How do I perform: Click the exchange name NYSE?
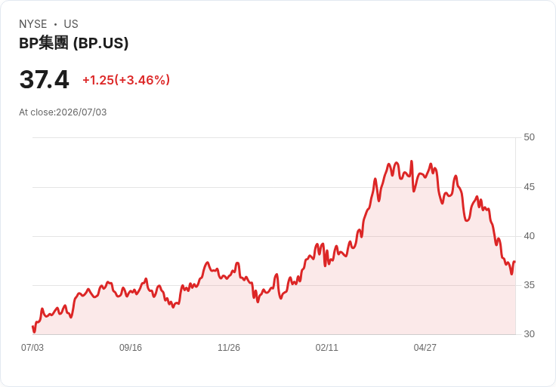tap(33, 24)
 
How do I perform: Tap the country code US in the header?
tap(71, 24)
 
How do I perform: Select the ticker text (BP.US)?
tap(100, 43)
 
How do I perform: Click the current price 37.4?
tap(45, 79)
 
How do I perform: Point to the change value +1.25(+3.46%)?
tap(126, 80)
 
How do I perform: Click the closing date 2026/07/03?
tap(82, 112)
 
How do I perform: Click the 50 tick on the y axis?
tap(529, 137)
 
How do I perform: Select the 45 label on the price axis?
tap(529, 187)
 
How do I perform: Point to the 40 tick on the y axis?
tap(529, 236)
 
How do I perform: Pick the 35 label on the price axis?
tap(529, 285)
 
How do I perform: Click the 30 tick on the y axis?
tap(529, 334)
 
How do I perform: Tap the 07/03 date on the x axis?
tap(32, 348)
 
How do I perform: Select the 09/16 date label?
tap(131, 348)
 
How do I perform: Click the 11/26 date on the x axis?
tap(229, 348)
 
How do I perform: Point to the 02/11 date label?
tap(327, 348)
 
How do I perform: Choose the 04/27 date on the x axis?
tap(425, 348)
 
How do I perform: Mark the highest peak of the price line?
tap(412, 161)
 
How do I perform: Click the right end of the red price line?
tap(514, 262)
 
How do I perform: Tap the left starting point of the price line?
tap(32, 327)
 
